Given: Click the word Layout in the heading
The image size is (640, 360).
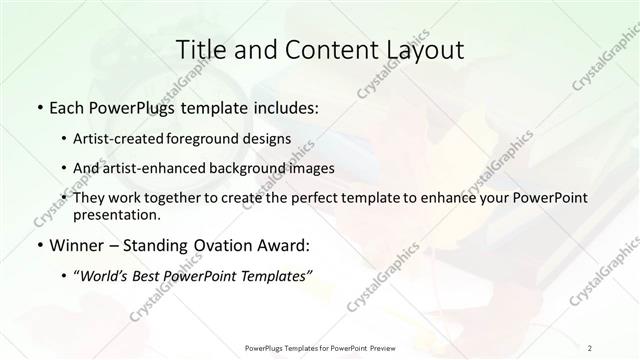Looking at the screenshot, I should pos(426,50).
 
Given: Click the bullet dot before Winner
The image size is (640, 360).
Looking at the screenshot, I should pos(38,245).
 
